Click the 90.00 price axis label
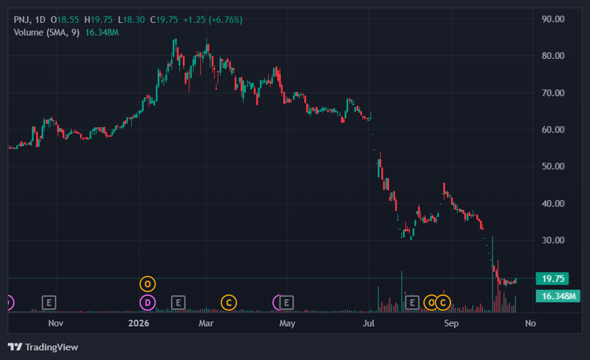click(553, 19)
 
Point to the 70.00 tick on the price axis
click(553, 93)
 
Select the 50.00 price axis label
click(553, 167)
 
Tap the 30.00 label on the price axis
click(553, 240)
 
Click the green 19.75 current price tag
click(553, 279)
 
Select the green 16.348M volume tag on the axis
click(558, 296)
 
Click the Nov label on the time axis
click(56, 323)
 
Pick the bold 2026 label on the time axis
click(138, 323)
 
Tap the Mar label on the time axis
click(206, 323)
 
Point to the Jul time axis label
click(368, 323)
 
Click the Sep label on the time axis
click(451, 323)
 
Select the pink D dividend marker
click(147, 302)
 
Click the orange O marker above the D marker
click(147, 284)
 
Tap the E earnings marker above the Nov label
click(49, 302)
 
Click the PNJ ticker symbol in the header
click(22, 20)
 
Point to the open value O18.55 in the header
click(65, 20)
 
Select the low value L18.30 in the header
click(131, 20)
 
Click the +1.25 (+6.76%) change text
click(212, 20)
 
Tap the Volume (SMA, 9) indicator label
click(47, 32)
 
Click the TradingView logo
click(43, 347)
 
